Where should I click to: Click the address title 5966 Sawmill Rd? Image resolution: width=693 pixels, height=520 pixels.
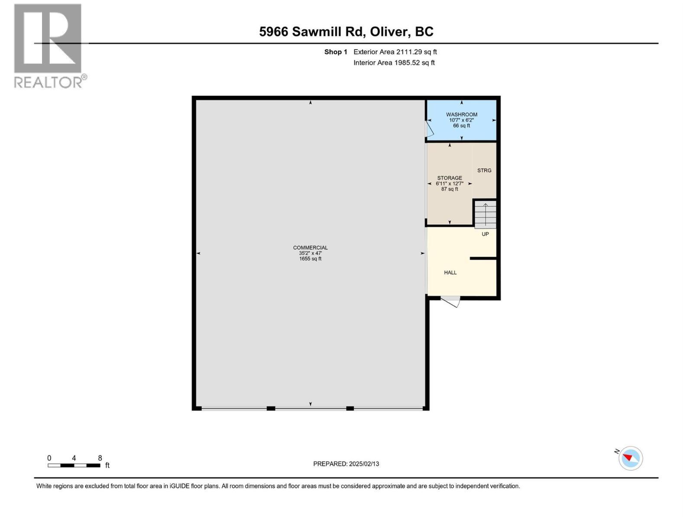point(346,32)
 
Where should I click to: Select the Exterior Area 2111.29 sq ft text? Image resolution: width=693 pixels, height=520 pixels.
point(395,52)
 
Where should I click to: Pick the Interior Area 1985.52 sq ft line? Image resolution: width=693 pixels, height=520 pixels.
point(394,63)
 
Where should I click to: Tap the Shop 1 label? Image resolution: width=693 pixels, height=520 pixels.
point(336,52)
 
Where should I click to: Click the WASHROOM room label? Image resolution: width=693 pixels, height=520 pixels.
point(462,115)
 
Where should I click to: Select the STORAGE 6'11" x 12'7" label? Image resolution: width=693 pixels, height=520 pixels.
point(450,183)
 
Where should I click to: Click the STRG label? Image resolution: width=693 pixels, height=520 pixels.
point(484,171)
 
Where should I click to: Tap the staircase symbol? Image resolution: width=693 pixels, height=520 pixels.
point(486,214)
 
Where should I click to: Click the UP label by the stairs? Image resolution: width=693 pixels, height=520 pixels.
point(485,234)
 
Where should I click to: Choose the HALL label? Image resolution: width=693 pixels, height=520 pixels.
point(450,273)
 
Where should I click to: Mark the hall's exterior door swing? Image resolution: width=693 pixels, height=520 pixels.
point(450,302)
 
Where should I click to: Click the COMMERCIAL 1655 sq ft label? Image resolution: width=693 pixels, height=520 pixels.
point(310,253)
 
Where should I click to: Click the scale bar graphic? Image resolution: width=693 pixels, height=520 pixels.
point(74,465)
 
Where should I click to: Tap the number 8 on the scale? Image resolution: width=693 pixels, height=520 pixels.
point(100,458)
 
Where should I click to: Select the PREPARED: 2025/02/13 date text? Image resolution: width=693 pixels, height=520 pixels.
point(346,464)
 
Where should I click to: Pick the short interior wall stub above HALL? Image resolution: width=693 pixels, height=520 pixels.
point(483,258)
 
